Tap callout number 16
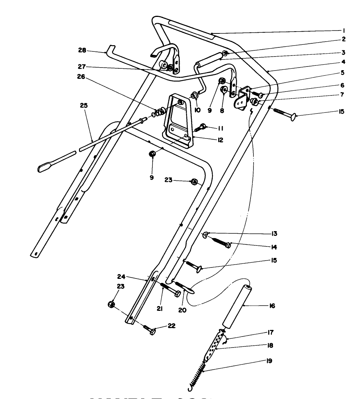[x=272, y=305]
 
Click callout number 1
[x=344, y=30]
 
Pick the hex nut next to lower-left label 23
[x=112, y=304]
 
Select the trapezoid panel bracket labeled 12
[x=180, y=121]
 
